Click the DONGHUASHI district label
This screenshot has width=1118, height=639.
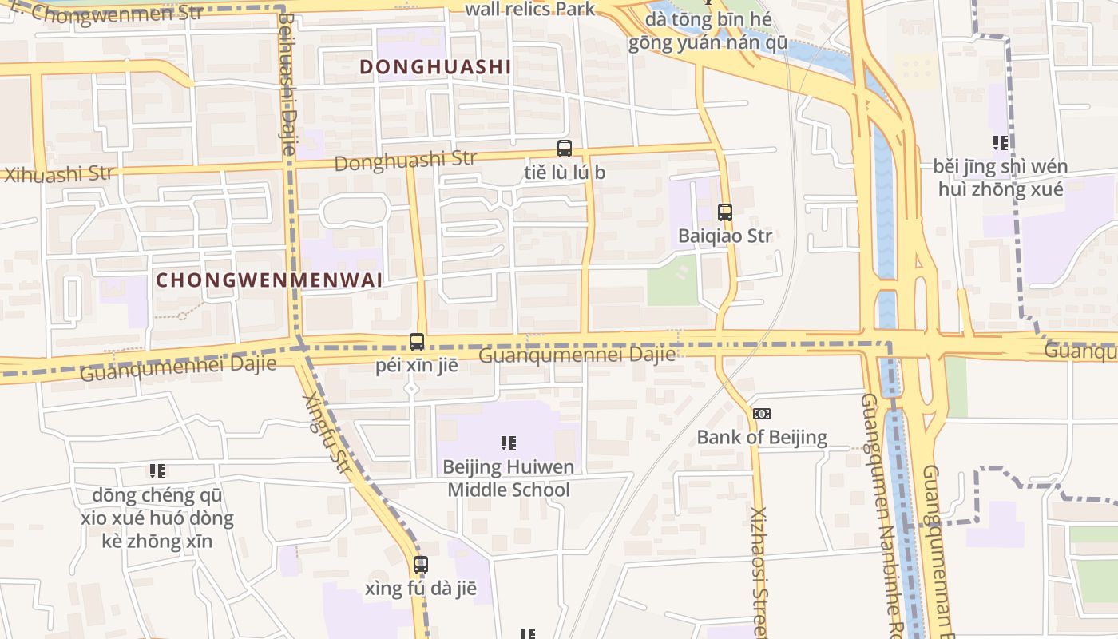[x=434, y=67]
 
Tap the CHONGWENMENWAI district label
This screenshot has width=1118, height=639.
[x=269, y=280]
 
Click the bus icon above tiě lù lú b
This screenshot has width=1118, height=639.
[x=565, y=149]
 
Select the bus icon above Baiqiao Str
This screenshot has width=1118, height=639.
[x=725, y=212]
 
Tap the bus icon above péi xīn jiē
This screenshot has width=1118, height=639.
[x=417, y=342]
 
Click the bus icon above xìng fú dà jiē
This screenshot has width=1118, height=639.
[x=421, y=565]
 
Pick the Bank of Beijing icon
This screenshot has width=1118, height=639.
[x=762, y=414]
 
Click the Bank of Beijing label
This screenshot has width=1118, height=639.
[x=762, y=437]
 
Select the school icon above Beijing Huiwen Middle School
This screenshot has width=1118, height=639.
[x=509, y=443]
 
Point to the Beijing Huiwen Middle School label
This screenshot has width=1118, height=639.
[x=509, y=478]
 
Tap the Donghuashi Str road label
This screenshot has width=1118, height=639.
[x=405, y=161]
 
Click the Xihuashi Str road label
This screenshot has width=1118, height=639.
[x=59, y=173]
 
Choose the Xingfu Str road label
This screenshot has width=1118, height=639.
[x=327, y=432]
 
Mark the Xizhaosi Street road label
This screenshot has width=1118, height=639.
[x=759, y=571]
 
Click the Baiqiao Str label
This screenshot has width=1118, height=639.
[x=725, y=236]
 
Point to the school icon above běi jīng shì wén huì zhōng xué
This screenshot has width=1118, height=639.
[x=1001, y=143]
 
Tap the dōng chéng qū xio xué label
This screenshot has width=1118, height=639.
[x=157, y=518]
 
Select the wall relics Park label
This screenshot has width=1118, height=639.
[x=529, y=9]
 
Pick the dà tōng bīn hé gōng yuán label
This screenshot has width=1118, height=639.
[x=707, y=30]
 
